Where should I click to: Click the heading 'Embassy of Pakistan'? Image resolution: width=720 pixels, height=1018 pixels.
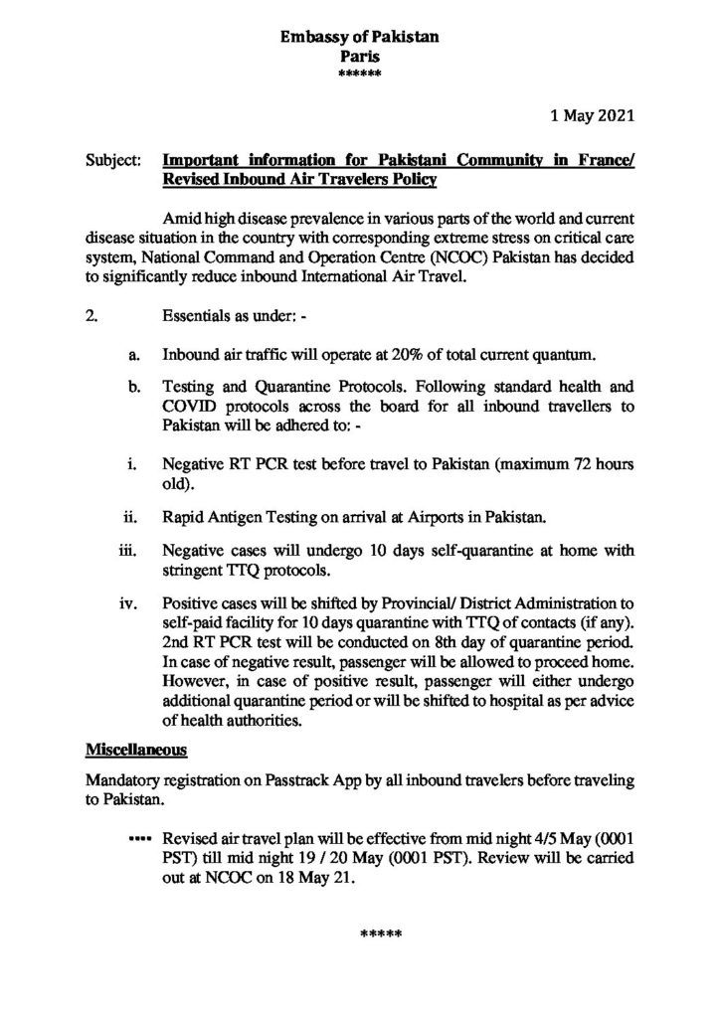click(x=359, y=39)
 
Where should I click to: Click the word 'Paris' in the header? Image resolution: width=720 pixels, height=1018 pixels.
click(x=359, y=57)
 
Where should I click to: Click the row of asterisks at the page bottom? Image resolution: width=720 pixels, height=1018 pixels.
click(x=379, y=935)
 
